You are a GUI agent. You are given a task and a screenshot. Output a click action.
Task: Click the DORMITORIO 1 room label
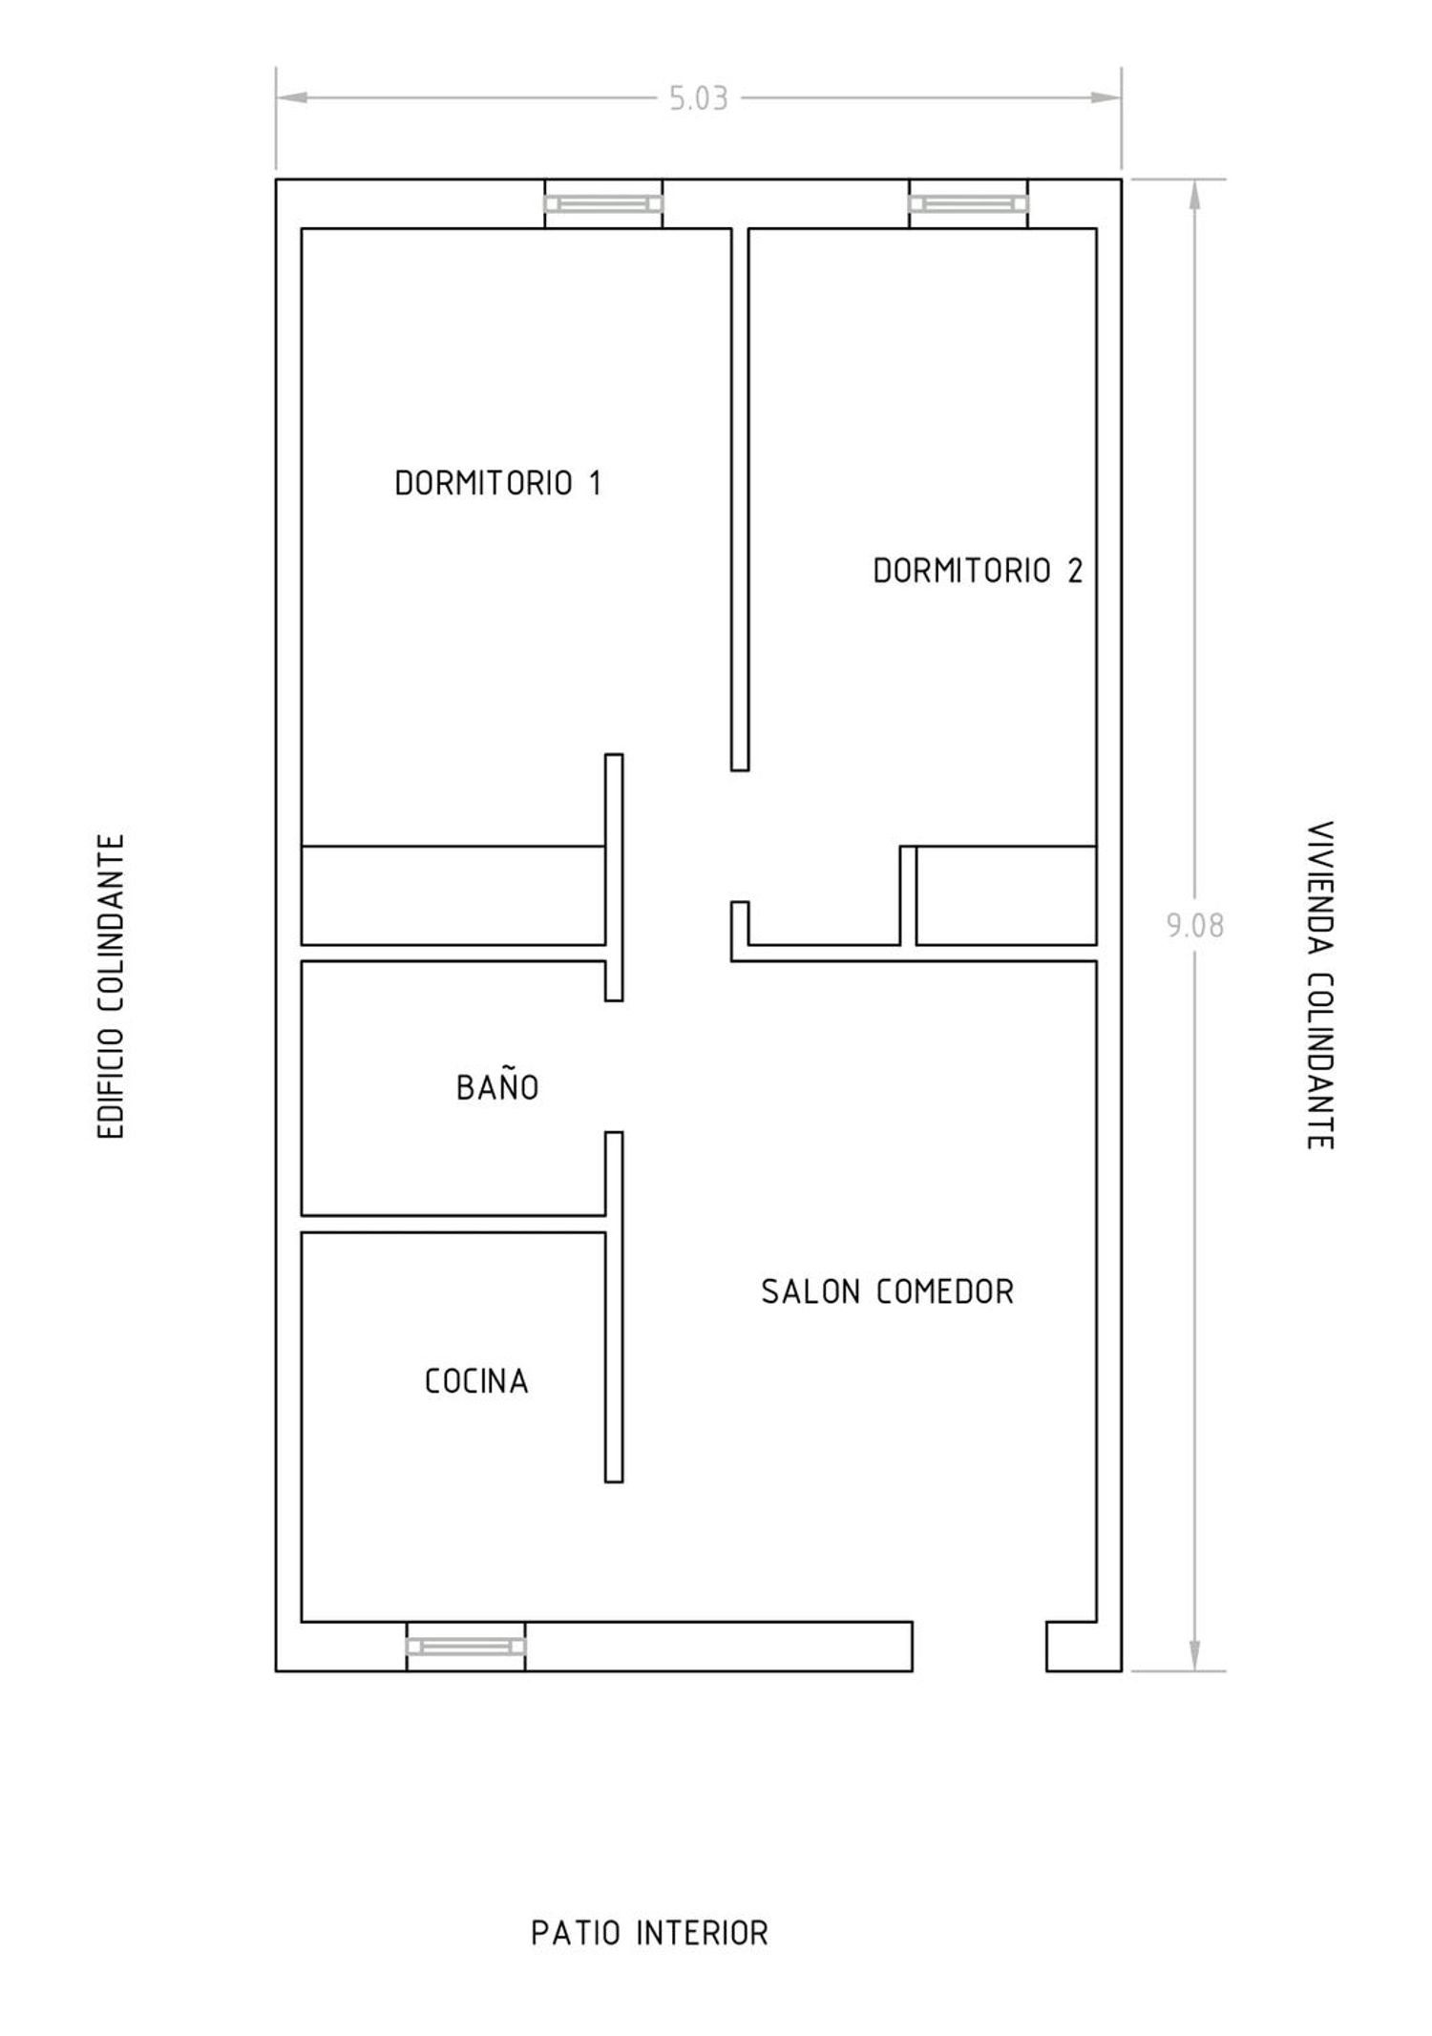coord(498,483)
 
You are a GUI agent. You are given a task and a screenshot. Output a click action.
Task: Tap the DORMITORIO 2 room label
coord(979,571)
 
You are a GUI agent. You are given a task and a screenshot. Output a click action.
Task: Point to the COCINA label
coord(476,1380)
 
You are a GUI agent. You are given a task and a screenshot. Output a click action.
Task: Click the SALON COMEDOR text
coord(887,1291)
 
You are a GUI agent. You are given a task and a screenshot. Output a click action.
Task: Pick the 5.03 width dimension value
coord(699,99)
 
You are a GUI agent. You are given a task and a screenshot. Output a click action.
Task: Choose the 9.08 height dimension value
coord(1194,925)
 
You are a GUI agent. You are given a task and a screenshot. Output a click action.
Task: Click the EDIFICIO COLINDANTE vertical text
coord(113,986)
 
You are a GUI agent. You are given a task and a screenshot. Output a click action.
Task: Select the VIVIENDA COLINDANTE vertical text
coord(1319,985)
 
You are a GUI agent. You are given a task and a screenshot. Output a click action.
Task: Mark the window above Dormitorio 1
coord(603,203)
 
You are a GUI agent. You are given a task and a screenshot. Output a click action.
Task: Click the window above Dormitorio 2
coord(968,203)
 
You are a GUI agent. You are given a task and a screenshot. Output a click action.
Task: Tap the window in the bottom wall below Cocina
coord(466,1647)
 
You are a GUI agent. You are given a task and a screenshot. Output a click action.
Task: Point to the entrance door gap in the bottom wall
coord(979,1647)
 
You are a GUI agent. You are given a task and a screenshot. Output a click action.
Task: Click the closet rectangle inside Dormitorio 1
coord(453,895)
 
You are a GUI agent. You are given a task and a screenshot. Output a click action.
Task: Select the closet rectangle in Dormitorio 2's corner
coord(1006,895)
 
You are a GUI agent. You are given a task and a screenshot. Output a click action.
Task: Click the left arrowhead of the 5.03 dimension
coord(291,97)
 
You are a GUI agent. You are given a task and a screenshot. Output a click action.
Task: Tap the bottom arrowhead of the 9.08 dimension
coord(1194,1656)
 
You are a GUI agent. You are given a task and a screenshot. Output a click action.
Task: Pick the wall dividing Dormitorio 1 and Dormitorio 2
coord(740,499)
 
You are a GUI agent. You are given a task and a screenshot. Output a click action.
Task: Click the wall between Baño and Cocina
coord(453,1224)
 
